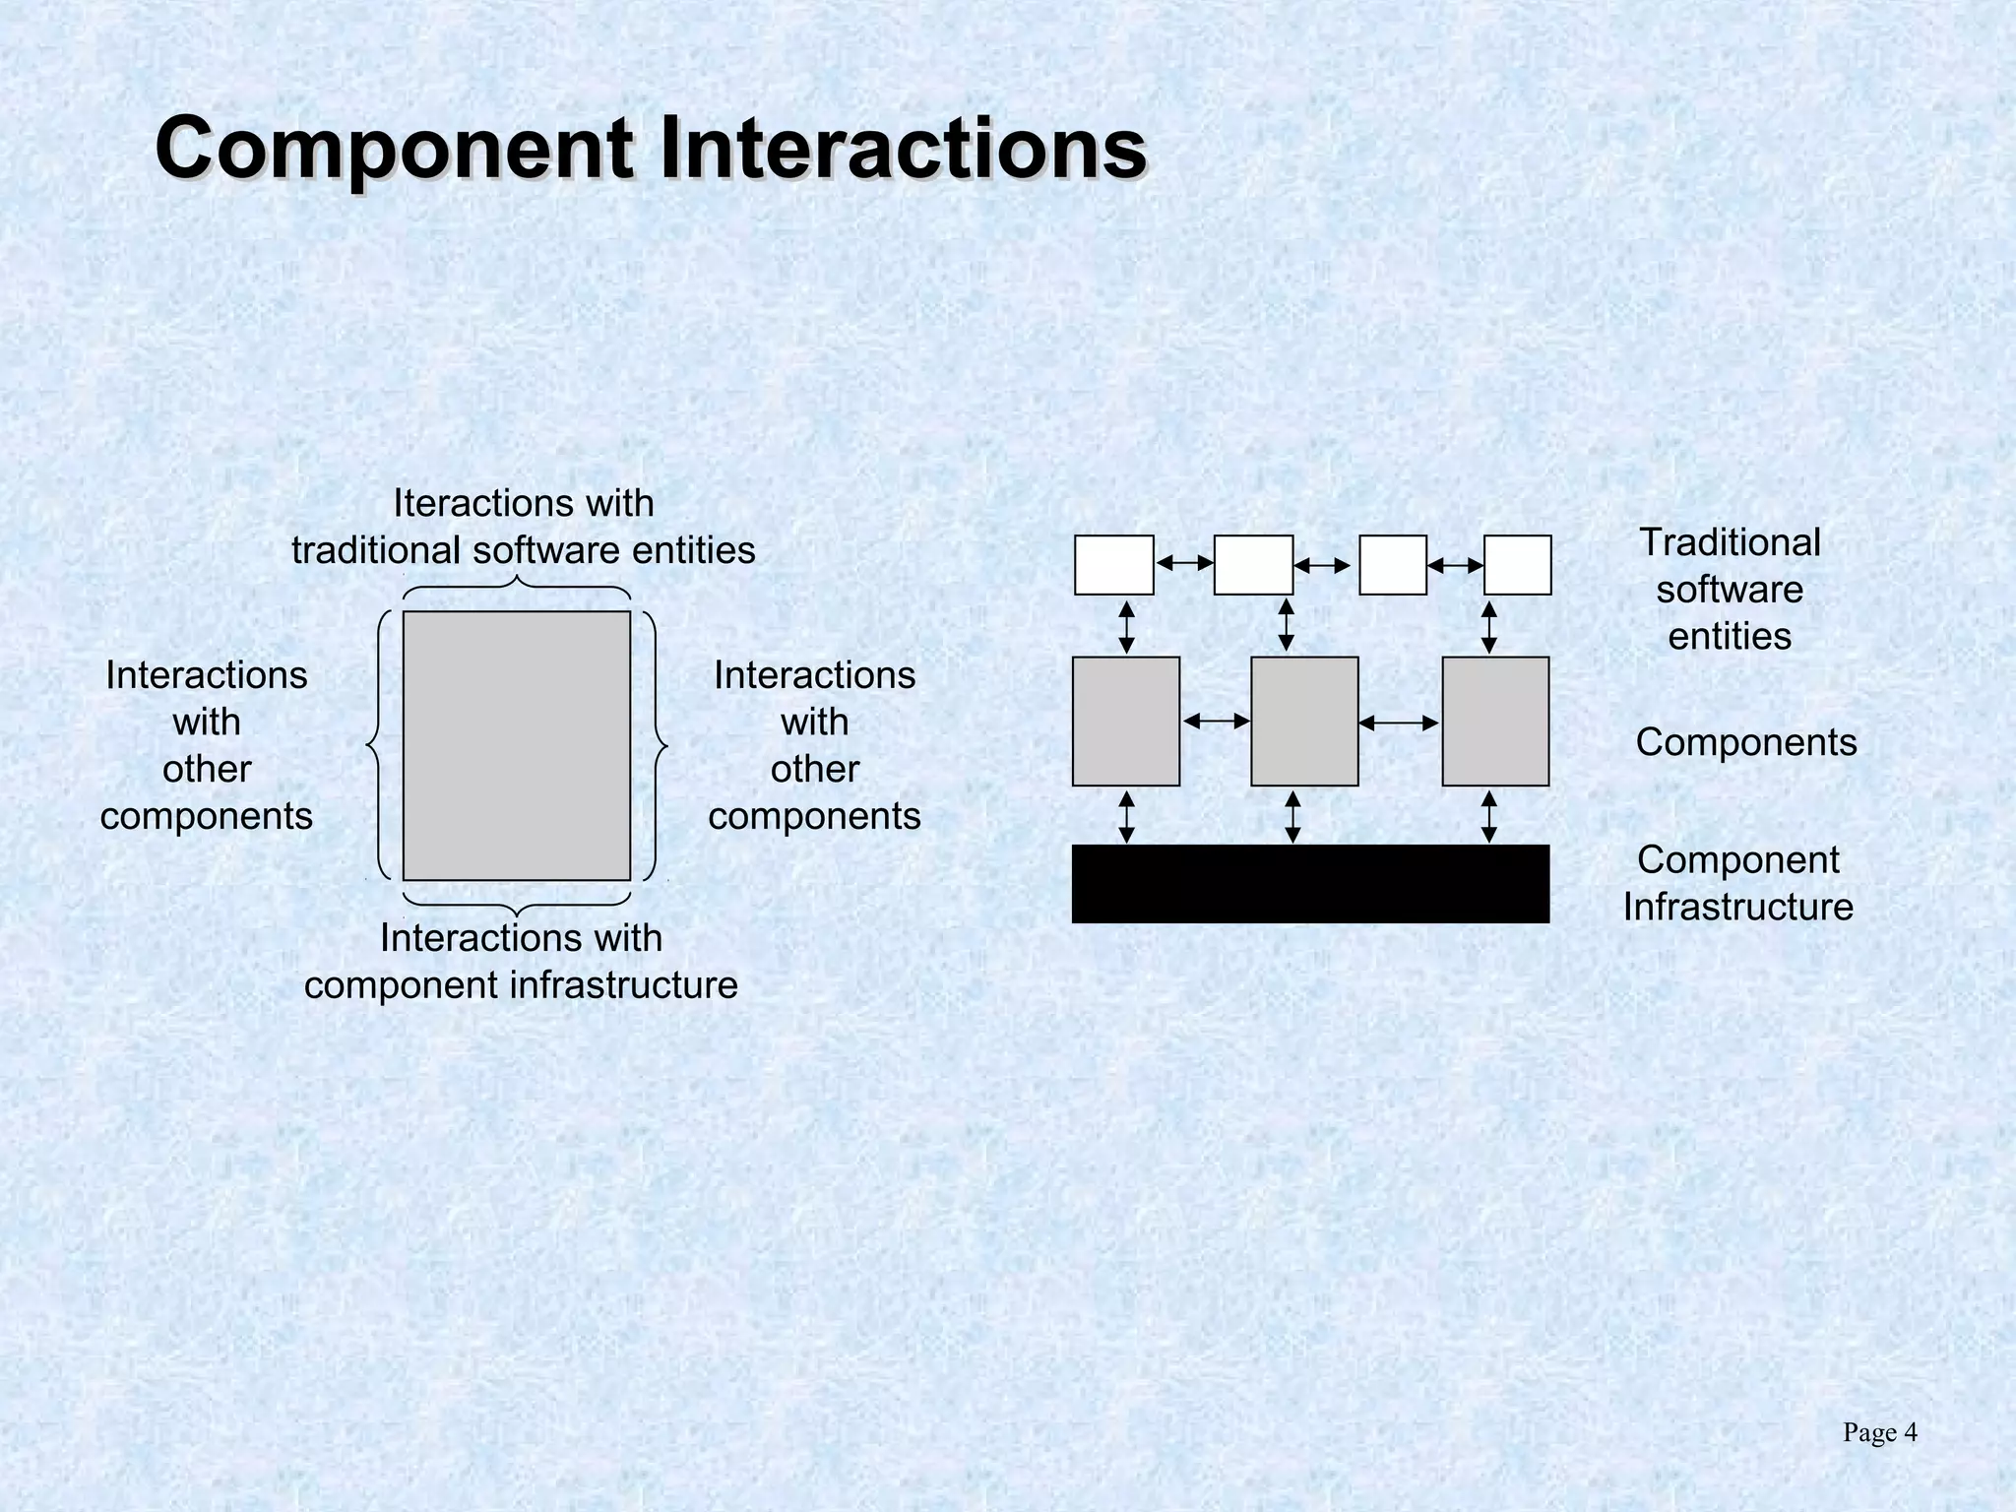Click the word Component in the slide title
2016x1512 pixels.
tap(394, 150)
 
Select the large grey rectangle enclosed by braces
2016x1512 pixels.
tap(516, 745)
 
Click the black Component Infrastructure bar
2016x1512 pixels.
tap(1309, 883)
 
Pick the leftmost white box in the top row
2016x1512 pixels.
tap(1113, 565)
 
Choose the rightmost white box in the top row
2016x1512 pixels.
tap(1517, 565)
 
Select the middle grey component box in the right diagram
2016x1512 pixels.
tap(1304, 722)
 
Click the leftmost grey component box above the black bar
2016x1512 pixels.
tap(1125, 722)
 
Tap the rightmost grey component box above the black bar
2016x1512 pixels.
tap(1495, 722)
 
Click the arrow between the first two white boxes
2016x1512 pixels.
tap(1184, 564)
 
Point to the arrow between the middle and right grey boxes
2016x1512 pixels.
tap(1399, 723)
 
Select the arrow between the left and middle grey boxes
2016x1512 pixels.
tap(1216, 722)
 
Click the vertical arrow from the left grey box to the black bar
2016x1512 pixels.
tap(1127, 816)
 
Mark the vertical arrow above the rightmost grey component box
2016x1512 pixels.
tap(1489, 627)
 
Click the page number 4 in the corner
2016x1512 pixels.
tap(1910, 1432)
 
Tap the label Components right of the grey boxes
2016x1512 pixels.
tap(1745, 742)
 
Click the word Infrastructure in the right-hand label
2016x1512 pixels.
tap(1737, 907)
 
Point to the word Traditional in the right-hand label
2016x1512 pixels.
tap(1730, 542)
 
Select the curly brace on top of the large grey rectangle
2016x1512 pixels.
tap(517, 588)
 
